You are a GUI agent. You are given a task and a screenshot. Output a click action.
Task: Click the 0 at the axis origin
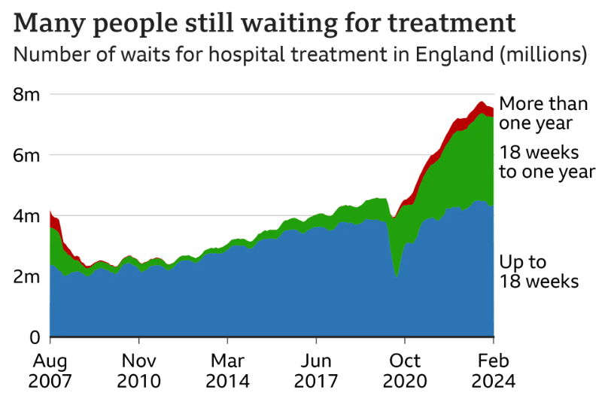click(33, 337)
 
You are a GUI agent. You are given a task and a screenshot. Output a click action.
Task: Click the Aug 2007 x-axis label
click(50, 370)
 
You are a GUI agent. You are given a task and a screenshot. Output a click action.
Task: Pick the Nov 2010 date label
click(139, 370)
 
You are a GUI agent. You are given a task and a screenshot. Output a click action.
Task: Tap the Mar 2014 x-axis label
click(228, 370)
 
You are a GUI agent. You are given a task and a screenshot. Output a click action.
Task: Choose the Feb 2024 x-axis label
click(494, 370)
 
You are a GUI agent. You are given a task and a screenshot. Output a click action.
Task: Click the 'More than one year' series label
click(543, 113)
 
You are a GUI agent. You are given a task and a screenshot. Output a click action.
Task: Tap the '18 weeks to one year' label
click(547, 162)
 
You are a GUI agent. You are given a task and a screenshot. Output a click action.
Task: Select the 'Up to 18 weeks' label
click(539, 272)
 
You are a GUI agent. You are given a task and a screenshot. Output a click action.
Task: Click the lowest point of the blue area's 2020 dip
click(397, 277)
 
